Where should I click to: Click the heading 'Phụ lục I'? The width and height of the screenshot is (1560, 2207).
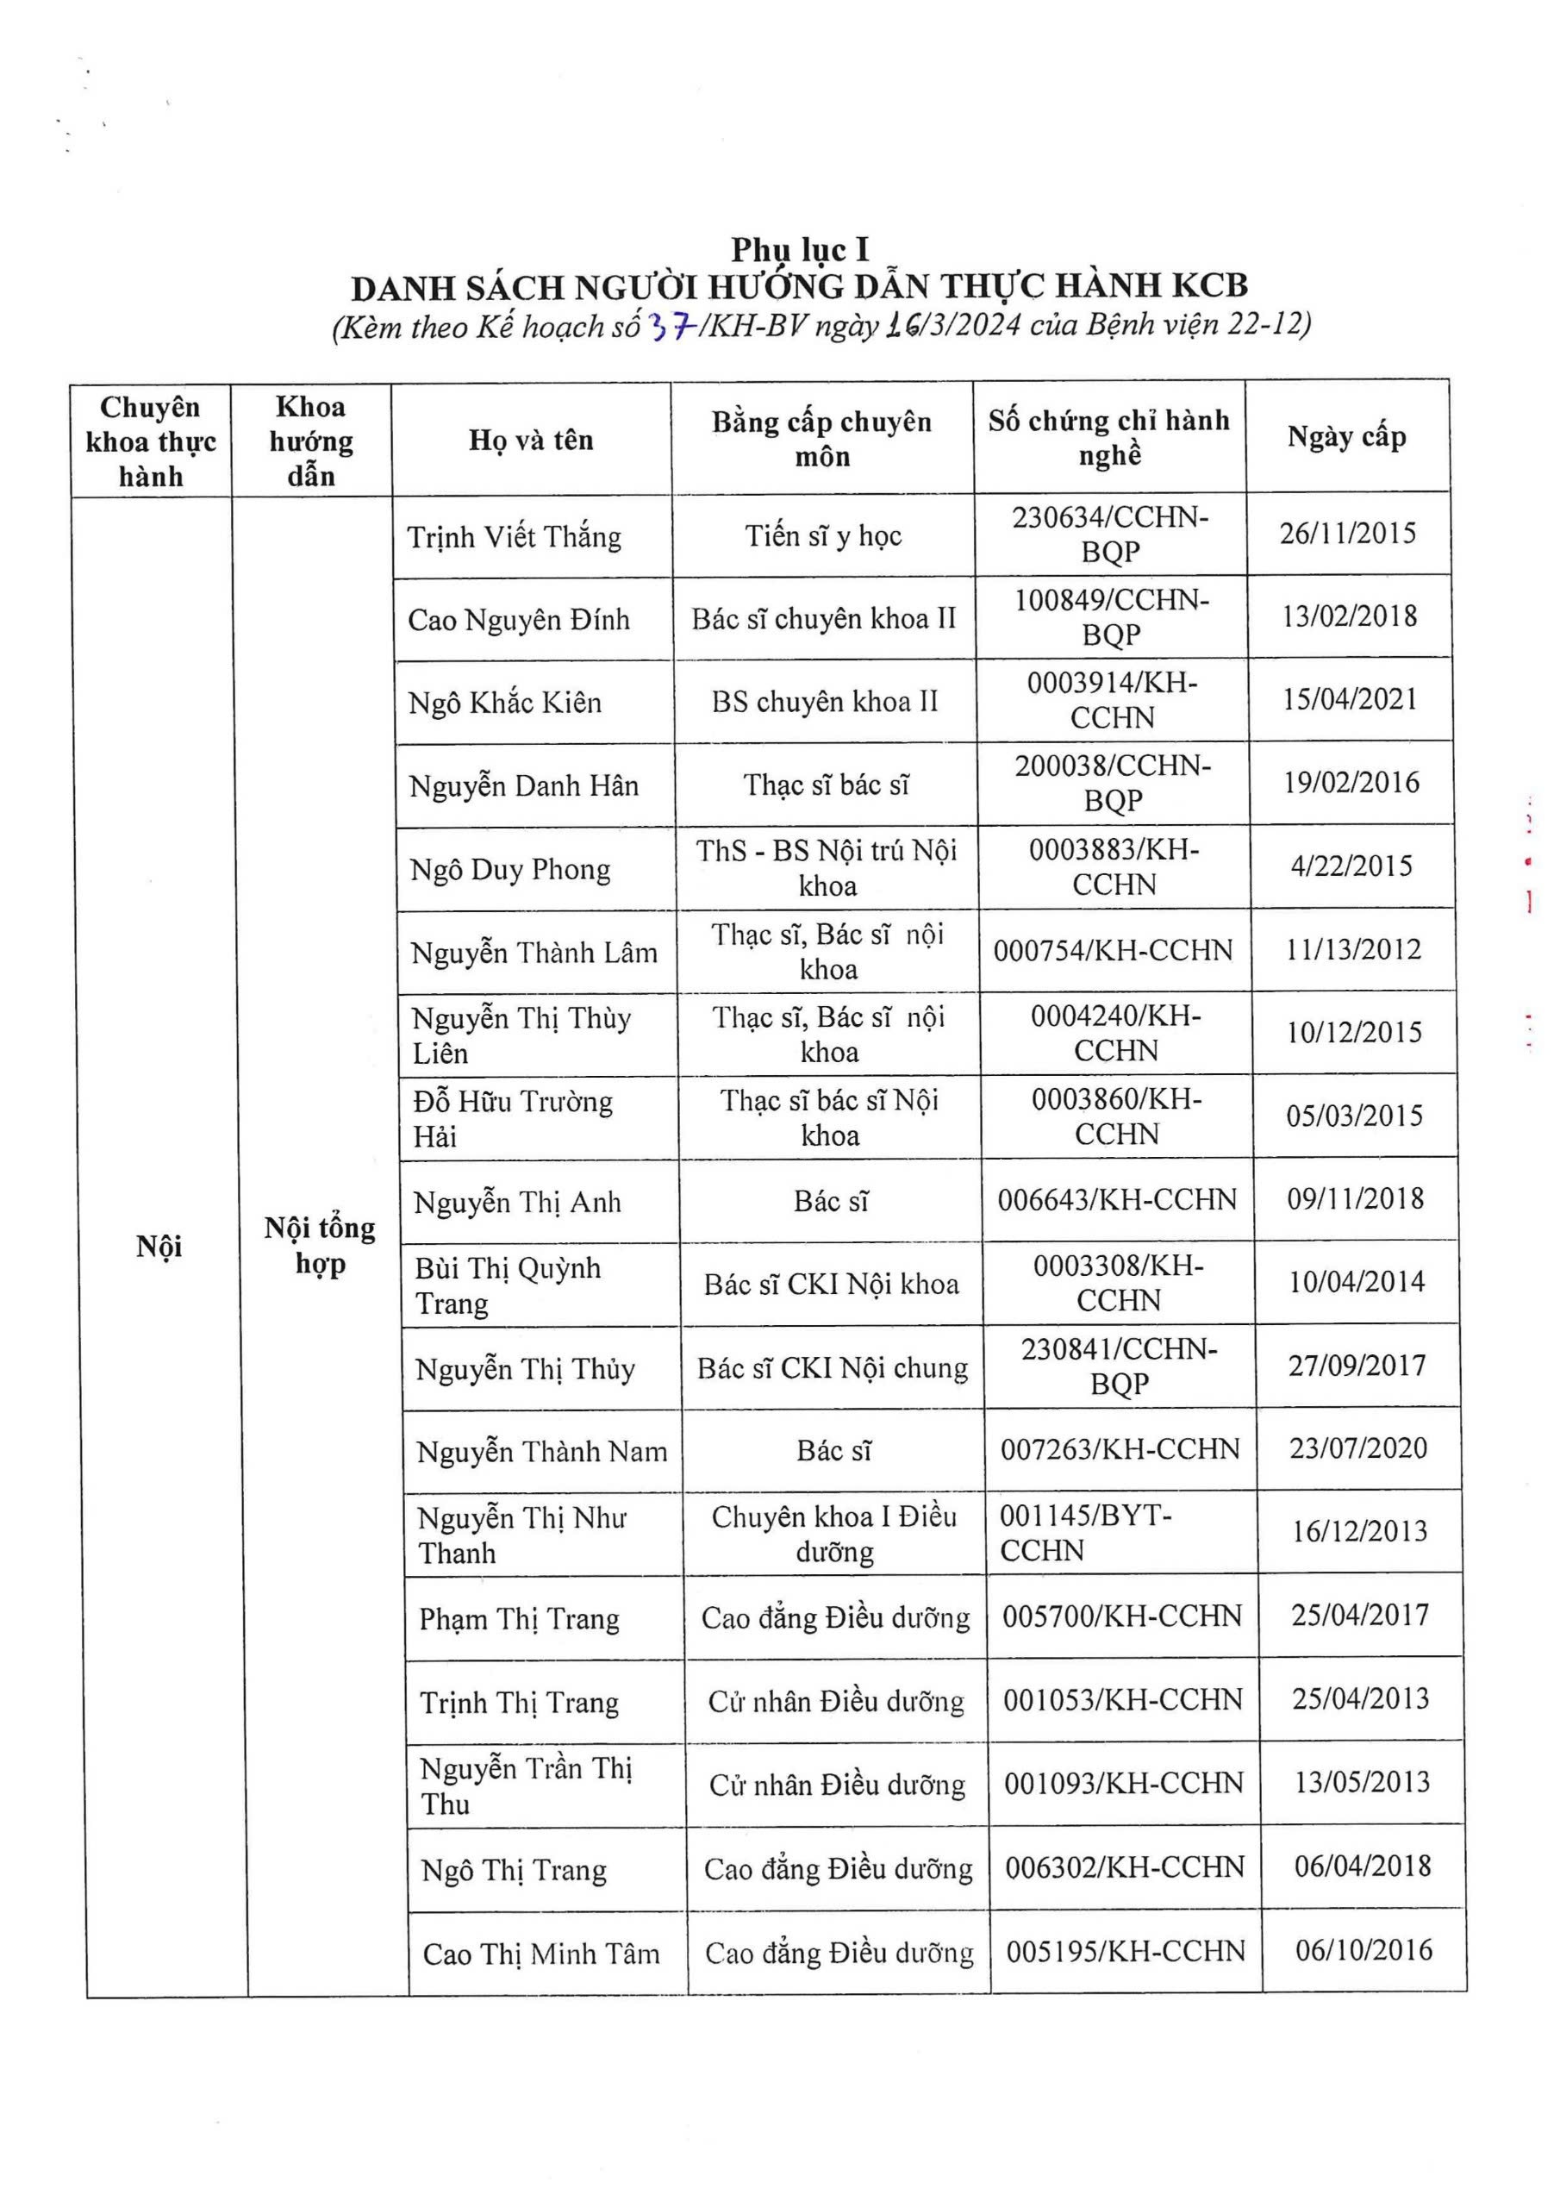coord(800,250)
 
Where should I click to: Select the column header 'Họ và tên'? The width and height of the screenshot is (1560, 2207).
coord(531,441)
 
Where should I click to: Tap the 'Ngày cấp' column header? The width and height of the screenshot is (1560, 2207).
coord(1346,436)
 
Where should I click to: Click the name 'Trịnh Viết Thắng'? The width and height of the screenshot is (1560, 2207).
coord(514,536)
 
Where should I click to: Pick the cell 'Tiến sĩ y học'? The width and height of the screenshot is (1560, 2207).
coord(823,535)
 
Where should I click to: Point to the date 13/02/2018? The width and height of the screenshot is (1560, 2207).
coord(1349,616)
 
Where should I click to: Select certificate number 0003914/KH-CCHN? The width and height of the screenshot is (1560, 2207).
coord(1112,700)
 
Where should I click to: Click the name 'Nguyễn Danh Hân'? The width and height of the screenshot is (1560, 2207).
coord(523,786)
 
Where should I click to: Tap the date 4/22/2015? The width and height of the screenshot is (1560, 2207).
coord(1351,866)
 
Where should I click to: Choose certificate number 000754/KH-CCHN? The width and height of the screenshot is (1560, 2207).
coord(1113,951)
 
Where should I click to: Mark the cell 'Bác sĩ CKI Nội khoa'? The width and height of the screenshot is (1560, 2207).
coord(832,1285)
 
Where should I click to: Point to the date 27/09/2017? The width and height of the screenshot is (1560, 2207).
coord(1357,1365)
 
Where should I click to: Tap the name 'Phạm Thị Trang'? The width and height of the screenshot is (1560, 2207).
coord(519,1620)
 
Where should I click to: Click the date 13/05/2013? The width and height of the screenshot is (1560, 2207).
coord(1360,1782)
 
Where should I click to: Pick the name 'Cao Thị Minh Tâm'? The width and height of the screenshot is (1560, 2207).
coord(541,1954)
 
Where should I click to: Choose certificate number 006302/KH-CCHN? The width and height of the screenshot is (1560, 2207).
coord(1124,1866)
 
